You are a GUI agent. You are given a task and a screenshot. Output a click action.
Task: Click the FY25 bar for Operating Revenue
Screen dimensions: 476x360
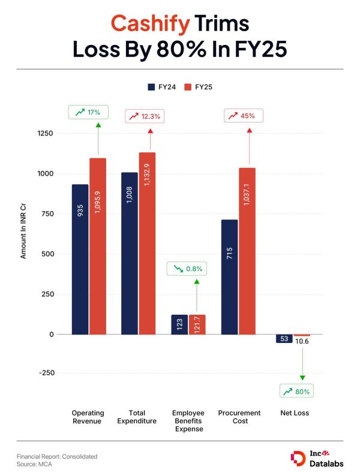tap(98, 246)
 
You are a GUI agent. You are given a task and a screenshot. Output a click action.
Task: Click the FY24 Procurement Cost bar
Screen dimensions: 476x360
tap(229, 276)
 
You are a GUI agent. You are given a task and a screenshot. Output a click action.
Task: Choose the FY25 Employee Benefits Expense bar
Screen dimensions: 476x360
tap(197, 324)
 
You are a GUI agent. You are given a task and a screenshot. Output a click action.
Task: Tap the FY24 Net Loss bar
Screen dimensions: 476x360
tap(284, 339)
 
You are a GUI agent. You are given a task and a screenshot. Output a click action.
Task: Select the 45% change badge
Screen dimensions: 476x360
tap(243, 116)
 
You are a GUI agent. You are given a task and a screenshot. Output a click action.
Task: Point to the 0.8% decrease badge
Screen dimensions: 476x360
tap(187, 269)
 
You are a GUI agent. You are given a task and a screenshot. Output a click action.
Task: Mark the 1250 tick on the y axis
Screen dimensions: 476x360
tap(45, 133)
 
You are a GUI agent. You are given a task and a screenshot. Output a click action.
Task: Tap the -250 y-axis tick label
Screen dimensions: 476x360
tap(45, 373)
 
